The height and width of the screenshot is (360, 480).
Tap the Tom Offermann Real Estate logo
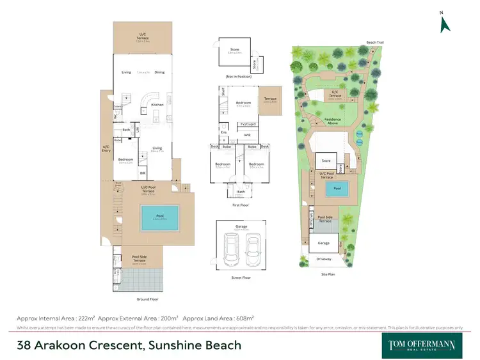(422, 345)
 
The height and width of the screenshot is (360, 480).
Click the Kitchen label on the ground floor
(157, 104)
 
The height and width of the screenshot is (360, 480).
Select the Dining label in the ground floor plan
(159, 72)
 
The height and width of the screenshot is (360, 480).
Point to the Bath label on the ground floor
(127, 130)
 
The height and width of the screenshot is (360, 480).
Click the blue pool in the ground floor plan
(159, 217)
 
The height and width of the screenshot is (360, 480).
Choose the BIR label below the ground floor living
(142, 173)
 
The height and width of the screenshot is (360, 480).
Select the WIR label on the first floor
(247, 136)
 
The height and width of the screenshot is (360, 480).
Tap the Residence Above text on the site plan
(332, 121)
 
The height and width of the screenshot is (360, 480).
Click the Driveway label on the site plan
(324, 258)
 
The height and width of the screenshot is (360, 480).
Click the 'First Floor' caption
(241, 206)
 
